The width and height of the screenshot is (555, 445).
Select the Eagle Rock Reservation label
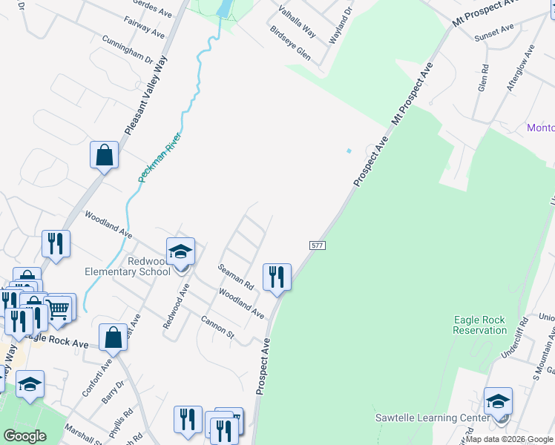479,325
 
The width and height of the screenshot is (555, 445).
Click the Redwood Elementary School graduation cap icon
180,253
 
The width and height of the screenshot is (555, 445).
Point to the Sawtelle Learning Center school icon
498,403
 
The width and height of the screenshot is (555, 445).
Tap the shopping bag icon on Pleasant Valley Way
105,156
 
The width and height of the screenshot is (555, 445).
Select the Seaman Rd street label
236,277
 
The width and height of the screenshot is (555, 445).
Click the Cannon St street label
217,329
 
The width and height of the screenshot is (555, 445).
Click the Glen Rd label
484,77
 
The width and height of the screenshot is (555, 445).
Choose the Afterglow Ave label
520,68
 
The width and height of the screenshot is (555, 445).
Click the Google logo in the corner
24,436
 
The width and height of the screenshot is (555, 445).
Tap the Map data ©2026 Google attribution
509,439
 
